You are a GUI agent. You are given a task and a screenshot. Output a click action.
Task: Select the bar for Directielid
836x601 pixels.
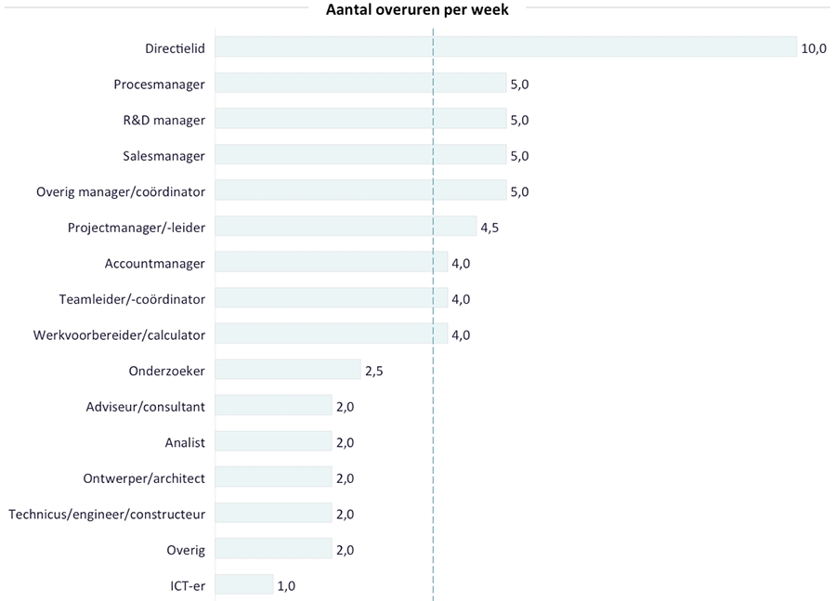click(506, 48)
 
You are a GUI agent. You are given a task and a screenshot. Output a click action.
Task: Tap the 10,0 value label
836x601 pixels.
click(814, 48)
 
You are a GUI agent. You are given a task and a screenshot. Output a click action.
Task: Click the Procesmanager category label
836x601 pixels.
click(159, 85)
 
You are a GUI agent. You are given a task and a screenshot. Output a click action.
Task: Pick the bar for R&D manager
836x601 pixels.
click(360, 120)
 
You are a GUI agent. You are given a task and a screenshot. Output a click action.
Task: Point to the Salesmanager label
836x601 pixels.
click(163, 156)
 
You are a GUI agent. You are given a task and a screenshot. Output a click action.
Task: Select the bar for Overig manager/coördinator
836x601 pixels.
click(360, 191)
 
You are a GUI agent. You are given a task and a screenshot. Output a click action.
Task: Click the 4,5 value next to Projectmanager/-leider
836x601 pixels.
click(490, 228)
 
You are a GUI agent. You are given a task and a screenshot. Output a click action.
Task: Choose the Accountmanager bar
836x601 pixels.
click(331, 263)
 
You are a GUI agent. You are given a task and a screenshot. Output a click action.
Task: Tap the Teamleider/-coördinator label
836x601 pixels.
click(132, 299)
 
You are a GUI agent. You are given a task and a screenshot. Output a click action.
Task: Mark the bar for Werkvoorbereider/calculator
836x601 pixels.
click(331, 334)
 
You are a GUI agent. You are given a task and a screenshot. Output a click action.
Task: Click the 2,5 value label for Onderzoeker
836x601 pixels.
click(374, 371)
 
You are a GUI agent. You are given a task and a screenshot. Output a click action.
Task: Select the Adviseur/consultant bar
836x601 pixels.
click(273, 406)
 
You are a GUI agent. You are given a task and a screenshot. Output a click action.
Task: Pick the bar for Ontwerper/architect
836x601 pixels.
click(273, 477)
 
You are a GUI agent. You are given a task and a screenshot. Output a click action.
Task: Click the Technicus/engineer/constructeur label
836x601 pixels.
click(107, 514)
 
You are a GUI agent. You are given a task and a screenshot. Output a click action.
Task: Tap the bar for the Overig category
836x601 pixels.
click(273, 549)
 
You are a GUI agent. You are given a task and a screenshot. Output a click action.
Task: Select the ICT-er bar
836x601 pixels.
click(244, 585)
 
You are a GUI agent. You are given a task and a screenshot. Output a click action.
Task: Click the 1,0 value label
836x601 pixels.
click(287, 585)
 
